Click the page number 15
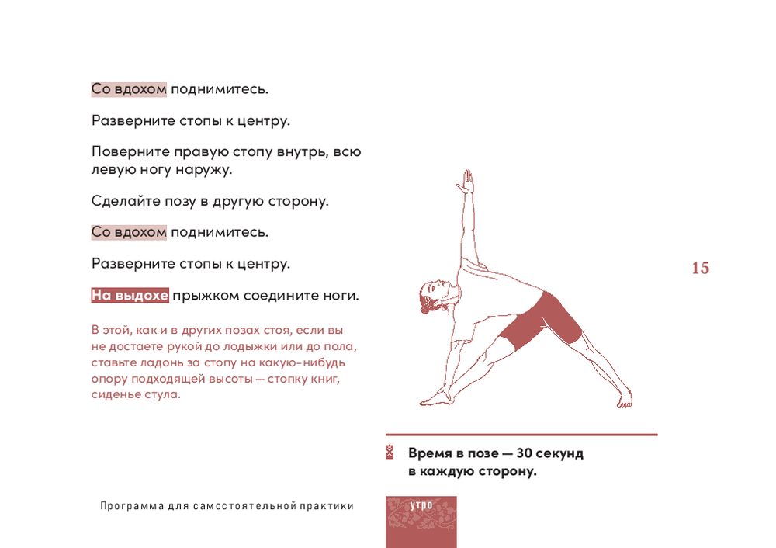pyautogui.click(x=700, y=268)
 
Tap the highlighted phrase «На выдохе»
pyautogui.click(x=130, y=295)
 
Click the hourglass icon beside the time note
pyautogui.click(x=390, y=452)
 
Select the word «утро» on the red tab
pyautogui.click(x=421, y=505)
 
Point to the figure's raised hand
pyautogui.click(x=466, y=181)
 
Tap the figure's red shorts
pyautogui.click(x=542, y=321)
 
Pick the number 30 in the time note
pyautogui.click(x=524, y=453)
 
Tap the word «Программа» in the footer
pyautogui.click(x=132, y=506)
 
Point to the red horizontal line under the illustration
pyautogui.click(x=521, y=435)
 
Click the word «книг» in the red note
pyautogui.click(x=326, y=380)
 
